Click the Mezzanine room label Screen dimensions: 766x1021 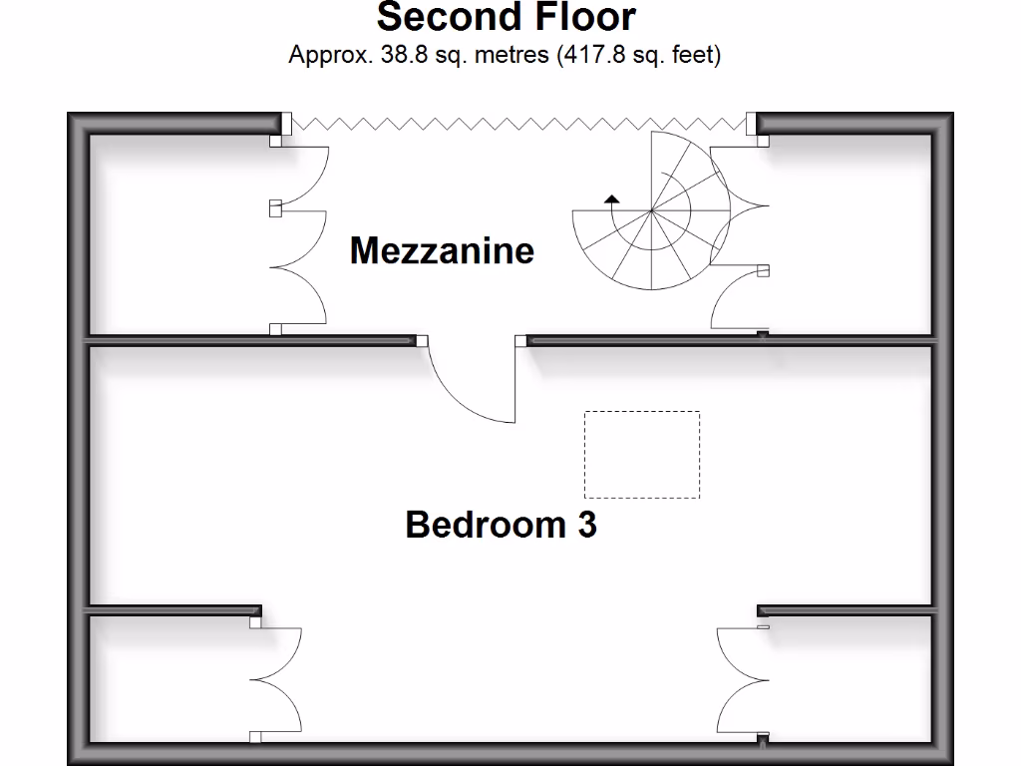tap(442, 249)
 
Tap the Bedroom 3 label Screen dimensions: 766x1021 tap(501, 524)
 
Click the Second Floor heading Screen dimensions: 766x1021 tap(506, 18)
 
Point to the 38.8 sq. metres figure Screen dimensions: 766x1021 tap(464, 55)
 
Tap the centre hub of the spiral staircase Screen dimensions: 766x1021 tap(651, 211)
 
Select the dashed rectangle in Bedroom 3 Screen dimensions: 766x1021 tap(641, 455)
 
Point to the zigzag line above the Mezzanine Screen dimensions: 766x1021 tap(518, 123)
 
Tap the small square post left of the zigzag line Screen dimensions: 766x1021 tap(285, 123)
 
